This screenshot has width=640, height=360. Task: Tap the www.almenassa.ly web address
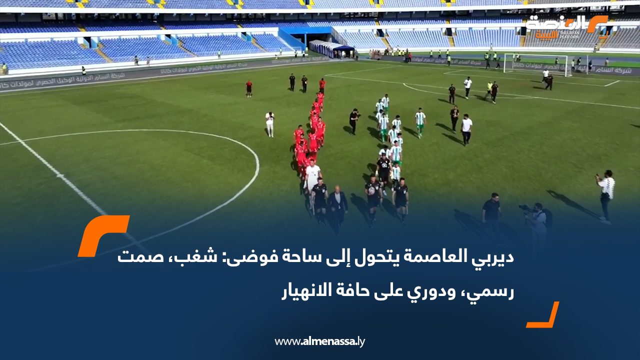point(320,341)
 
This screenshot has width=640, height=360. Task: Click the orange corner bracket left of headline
point(102,235)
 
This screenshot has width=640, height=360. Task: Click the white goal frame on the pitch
point(535,63)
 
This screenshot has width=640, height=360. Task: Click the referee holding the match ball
point(372,196)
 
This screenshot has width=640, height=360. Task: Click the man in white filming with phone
point(606,195)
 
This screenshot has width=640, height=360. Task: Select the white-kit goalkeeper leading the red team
point(313,178)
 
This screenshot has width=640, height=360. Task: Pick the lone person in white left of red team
point(270,124)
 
